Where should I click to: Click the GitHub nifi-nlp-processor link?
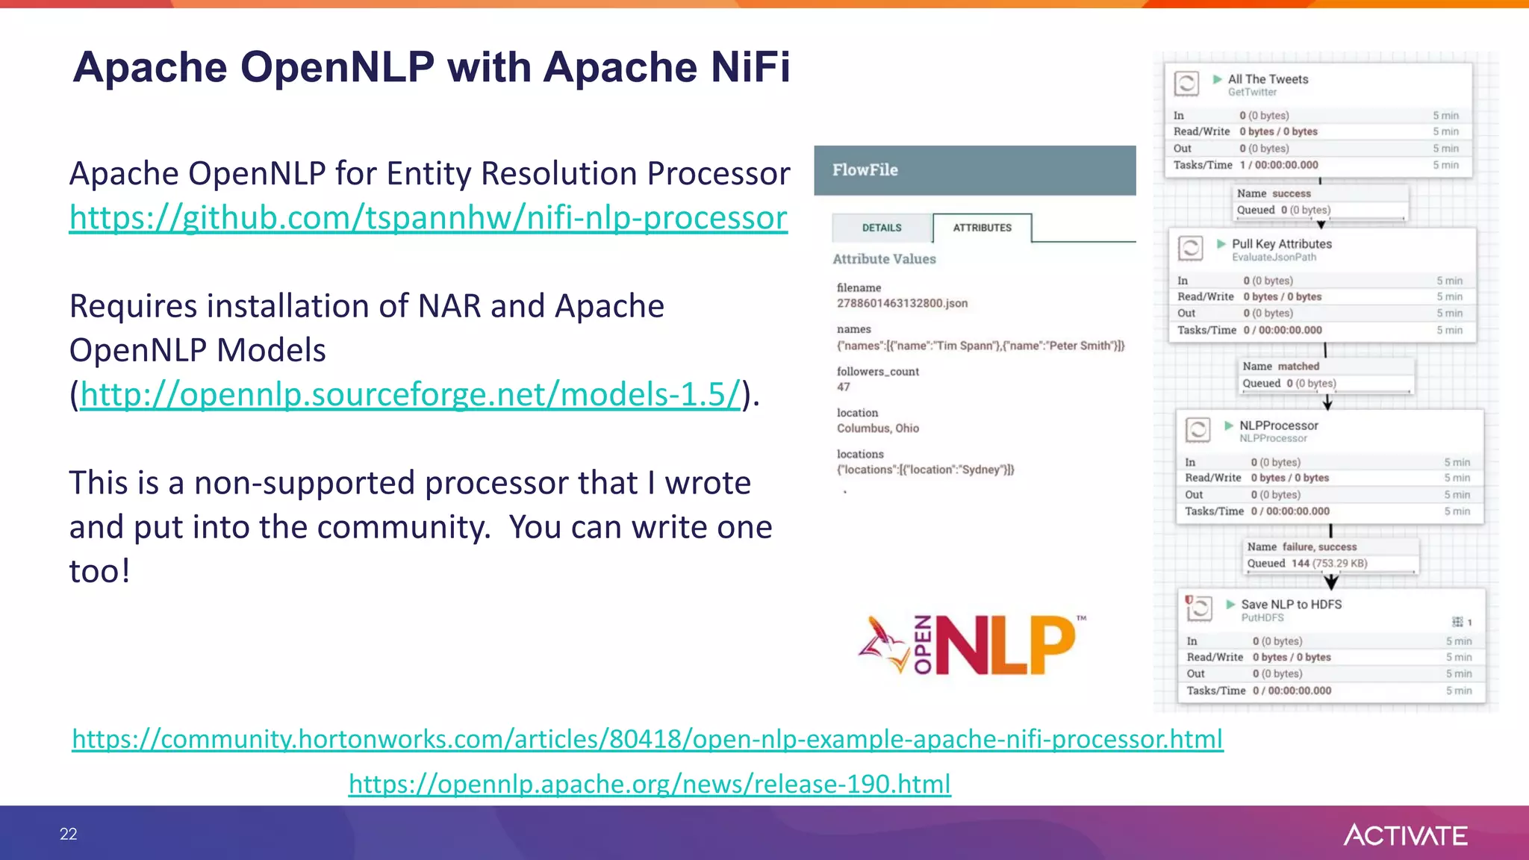428,218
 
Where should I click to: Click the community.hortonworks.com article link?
647,739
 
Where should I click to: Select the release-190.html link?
650,784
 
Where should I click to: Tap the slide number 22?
68,834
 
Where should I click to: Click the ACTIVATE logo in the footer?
1405,835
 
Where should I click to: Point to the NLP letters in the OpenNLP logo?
1005,645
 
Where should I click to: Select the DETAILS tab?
882,228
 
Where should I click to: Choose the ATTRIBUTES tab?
982,228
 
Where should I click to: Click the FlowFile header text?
865,170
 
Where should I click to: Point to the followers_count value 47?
844,387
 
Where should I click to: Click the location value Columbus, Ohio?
877,429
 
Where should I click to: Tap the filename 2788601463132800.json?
902,303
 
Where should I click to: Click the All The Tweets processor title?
1268,79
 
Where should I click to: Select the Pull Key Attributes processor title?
1281,244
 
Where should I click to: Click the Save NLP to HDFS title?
1291,605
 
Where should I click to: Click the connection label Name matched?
1280,367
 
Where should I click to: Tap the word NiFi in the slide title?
750,67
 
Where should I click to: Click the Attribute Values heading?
884,259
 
